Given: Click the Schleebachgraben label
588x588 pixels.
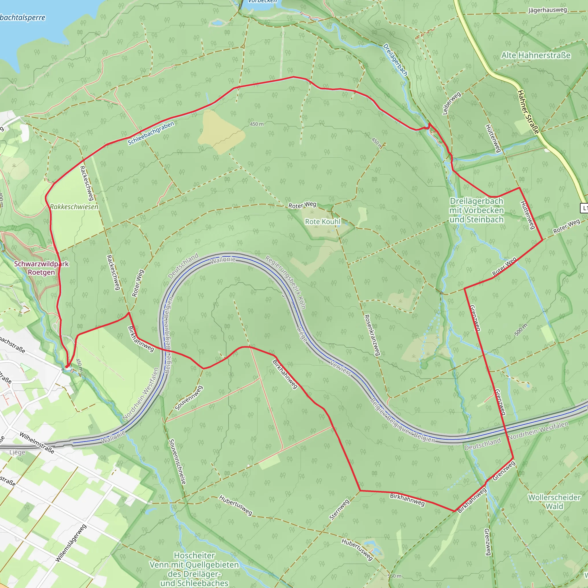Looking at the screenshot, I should click(151, 133).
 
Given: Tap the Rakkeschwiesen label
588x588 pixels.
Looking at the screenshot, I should click(74, 207).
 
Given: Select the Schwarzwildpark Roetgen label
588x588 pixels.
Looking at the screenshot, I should click(41, 268).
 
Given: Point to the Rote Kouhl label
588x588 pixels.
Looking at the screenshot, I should click(323, 222).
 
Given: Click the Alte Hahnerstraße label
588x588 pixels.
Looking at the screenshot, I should click(536, 55).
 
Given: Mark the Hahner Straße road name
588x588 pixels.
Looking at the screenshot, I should click(528, 112).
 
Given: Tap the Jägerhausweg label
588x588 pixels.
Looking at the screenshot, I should click(548, 10).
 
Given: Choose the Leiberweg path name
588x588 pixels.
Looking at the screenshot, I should click(452, 103).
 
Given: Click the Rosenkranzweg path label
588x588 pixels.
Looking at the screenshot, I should click(372, 335).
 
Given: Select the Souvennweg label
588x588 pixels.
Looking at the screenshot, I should click(189, 398).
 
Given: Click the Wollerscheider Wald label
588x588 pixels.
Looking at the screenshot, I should click(554, 502).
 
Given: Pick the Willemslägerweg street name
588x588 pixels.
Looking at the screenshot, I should click(71, 543).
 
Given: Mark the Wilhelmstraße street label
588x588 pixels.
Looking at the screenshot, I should click(37, 443).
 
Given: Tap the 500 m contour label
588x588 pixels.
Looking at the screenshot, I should click(521, 330).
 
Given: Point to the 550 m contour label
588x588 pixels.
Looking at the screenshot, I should click(394, 576).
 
